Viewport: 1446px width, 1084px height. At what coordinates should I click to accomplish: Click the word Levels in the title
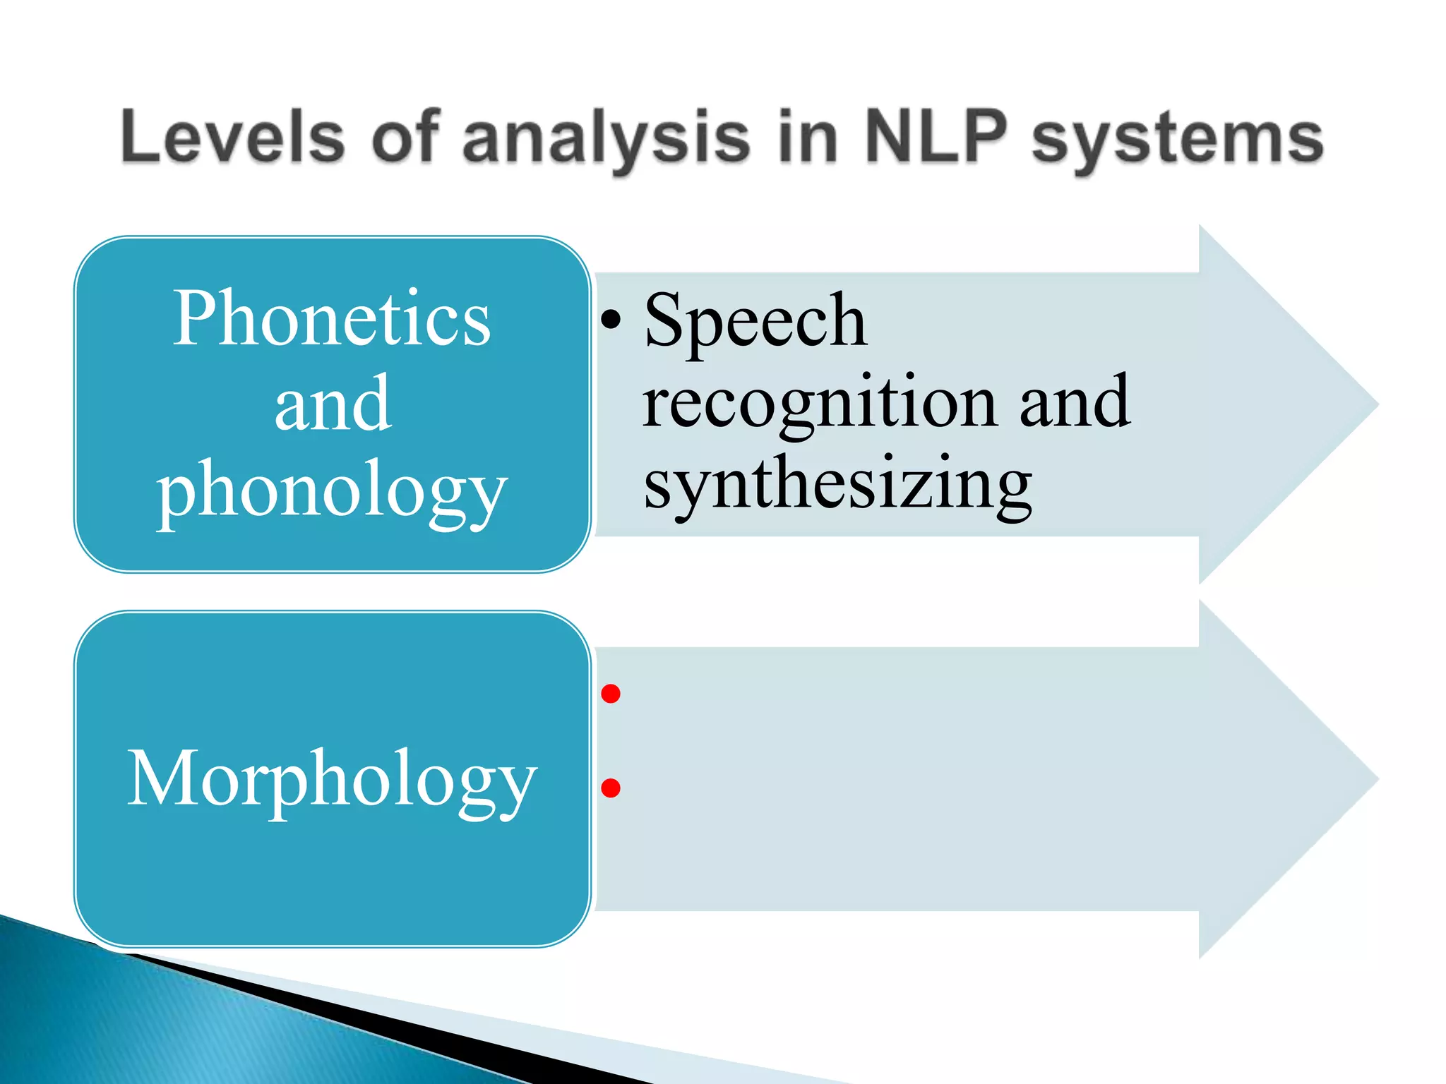233,138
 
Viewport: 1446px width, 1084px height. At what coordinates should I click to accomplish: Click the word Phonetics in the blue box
332,318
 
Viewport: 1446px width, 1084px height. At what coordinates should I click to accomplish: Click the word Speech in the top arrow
755,320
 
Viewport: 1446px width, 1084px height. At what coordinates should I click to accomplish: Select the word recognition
819,402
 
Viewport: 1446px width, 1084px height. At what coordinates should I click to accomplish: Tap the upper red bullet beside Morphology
611,694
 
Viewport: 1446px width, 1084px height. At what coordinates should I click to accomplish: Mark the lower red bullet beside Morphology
611,788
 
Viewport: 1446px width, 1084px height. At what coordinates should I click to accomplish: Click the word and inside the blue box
332,404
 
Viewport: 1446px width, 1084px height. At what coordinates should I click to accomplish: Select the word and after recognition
1074,402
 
